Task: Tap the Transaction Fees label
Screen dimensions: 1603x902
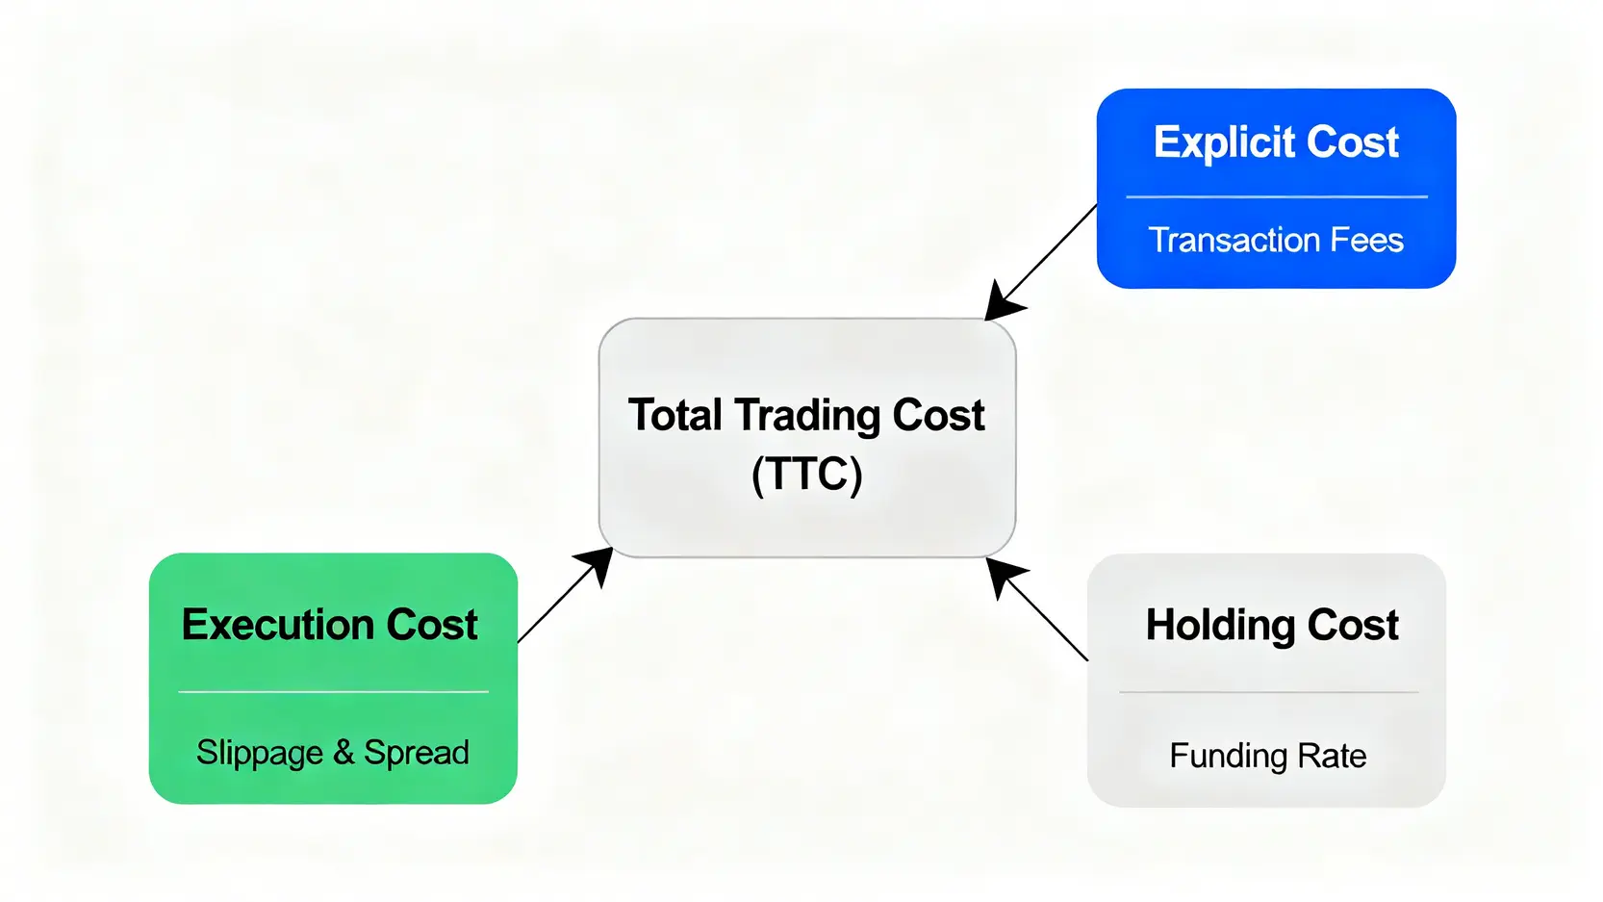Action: (x=1276, y=240)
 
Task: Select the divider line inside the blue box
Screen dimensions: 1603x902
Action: (x=1277, y=196)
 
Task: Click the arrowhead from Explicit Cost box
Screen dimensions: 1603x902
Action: (x=1003, y=300)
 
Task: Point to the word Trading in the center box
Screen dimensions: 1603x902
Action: (x=808, y=415)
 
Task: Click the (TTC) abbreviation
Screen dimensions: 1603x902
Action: (x=807, y=474)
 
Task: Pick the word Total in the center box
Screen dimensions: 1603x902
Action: (x=674, y=415)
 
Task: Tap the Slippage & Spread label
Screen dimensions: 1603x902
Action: (x=333, y=753)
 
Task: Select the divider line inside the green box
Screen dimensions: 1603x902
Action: (x=334, y=691)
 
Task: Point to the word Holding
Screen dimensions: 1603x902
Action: (x=1221, y=626)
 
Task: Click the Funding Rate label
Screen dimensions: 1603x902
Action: (x=1268, y=756)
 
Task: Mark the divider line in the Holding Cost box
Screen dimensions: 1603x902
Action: (x=1269, y=692)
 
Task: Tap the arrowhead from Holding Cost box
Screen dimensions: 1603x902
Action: (x=1005, y=577)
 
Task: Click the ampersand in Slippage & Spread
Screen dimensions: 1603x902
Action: (x=343, y=753)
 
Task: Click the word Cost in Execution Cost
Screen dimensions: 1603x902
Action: (x=432, y=624)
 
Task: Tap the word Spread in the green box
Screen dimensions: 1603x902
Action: (x=417, y=753)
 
